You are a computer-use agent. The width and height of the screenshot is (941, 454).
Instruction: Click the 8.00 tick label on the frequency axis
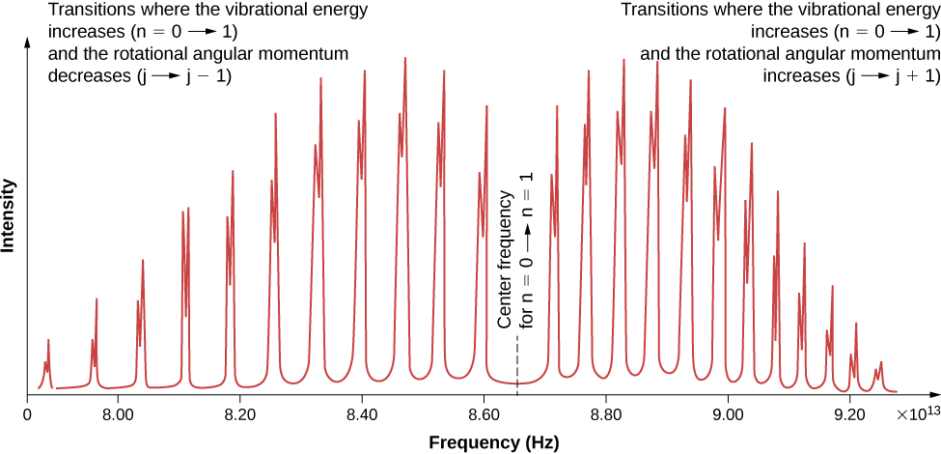117,414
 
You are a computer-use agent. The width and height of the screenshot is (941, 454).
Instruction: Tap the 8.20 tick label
239,414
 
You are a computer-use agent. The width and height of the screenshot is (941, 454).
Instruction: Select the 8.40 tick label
361,414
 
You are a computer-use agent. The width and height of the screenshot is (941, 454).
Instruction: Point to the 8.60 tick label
484,414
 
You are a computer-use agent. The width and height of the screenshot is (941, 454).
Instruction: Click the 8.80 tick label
605,414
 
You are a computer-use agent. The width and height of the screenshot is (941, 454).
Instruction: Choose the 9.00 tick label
728,414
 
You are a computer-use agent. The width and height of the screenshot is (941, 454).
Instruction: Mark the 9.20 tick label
849,414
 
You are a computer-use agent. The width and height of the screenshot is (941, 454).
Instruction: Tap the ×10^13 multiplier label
917,413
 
